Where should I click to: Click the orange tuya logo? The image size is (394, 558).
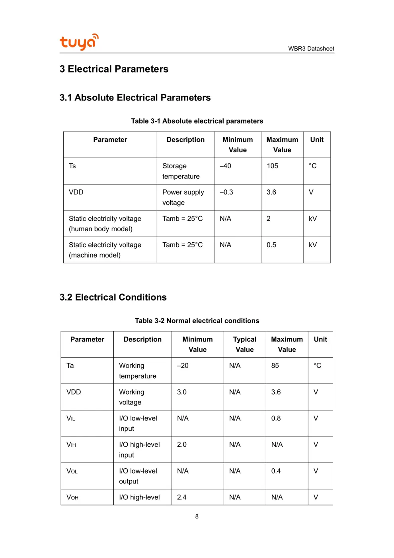tap(79, 42)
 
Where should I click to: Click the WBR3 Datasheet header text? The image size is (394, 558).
tap(311, 49)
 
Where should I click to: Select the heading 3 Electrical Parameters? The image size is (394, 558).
tap(114, 69)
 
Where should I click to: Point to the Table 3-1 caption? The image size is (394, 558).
tap(197, 121)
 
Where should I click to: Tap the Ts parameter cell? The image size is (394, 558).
tap(72, 166)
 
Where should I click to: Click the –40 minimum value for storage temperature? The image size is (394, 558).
tap(225, 166)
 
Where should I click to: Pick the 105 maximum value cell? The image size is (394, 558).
tap(272, 166)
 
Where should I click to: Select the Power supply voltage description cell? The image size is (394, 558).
tap(183, 197)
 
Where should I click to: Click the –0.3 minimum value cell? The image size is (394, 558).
tap(226, 192)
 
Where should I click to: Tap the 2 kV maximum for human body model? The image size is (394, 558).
tap(269, 218)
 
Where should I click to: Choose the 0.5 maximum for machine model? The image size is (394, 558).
tap(271, 245)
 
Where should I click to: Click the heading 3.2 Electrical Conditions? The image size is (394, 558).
tap(113, 297)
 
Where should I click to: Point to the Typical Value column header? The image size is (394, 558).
tap(244, 344)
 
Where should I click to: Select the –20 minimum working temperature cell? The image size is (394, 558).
tap(183, 365)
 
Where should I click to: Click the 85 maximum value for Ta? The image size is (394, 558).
tap(275, 365)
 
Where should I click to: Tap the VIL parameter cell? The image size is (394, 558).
tap(71, 418)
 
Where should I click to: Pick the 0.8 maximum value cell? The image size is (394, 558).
tap(276, 418)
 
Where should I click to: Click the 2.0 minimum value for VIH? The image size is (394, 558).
tap(182, 444)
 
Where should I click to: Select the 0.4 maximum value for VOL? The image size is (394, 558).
tap(276, 471)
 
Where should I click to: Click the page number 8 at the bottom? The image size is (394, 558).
tap(197, 517)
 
